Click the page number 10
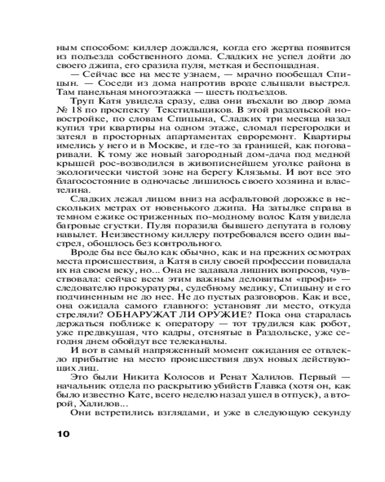pos(63,433)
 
